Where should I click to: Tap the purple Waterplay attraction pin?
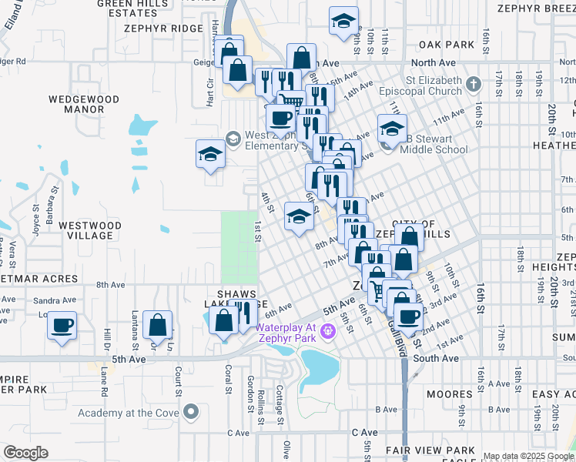pos(328,331)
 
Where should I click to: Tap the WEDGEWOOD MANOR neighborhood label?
pos(84,104)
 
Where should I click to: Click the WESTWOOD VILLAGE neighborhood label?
pos(91,230)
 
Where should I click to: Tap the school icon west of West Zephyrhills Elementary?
pos(210,153)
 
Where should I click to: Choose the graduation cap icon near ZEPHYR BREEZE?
pos(343,22)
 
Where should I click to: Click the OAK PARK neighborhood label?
pos(447,45)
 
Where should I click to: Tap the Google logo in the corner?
pos(25,453)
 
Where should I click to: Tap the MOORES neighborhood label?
pos(449,395)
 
